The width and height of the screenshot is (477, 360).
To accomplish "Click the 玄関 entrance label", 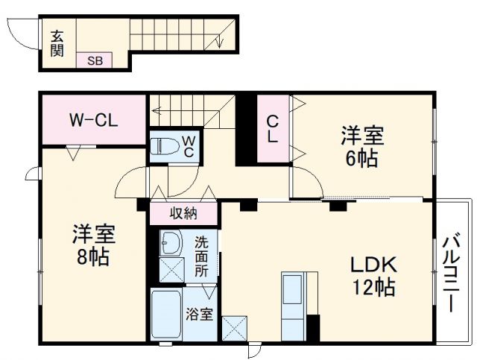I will coord(57,42).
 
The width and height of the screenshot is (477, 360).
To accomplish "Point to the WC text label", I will coord(189,146).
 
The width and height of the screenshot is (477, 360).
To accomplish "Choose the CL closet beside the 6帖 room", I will coord(273,129).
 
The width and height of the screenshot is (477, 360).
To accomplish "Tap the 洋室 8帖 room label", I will coord(92,245).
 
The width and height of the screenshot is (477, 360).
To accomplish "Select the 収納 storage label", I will coord(183,214).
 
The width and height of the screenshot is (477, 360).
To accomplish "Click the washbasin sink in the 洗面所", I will coord(172,244).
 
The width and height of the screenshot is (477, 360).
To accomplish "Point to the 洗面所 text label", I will coord(202,256).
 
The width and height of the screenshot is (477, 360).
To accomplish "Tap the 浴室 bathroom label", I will coord(199,314).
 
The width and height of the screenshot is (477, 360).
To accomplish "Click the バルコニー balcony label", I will coord(452,273).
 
